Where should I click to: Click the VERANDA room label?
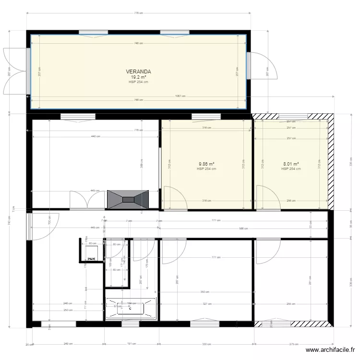pyautogui.click(x=138, y=72)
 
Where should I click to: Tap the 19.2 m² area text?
pyautogui.click(x=138, y=77)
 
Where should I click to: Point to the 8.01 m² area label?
pyautogui.click(x=291, y=164)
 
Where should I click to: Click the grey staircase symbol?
pyautogui.click(x=128, y=199)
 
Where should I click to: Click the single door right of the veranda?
pyautogui.click(x=262, y=66)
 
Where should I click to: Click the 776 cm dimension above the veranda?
pyautogui.click(x=138, y=13)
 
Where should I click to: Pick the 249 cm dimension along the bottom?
pyautogui.click(x=69, y=344)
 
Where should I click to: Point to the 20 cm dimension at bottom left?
pyautogui.click(x=29, y=344)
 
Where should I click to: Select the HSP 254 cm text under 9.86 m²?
pyautogui.click(x=206, y=169)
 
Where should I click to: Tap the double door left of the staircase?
pyautogui.click(x=87, y=200)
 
